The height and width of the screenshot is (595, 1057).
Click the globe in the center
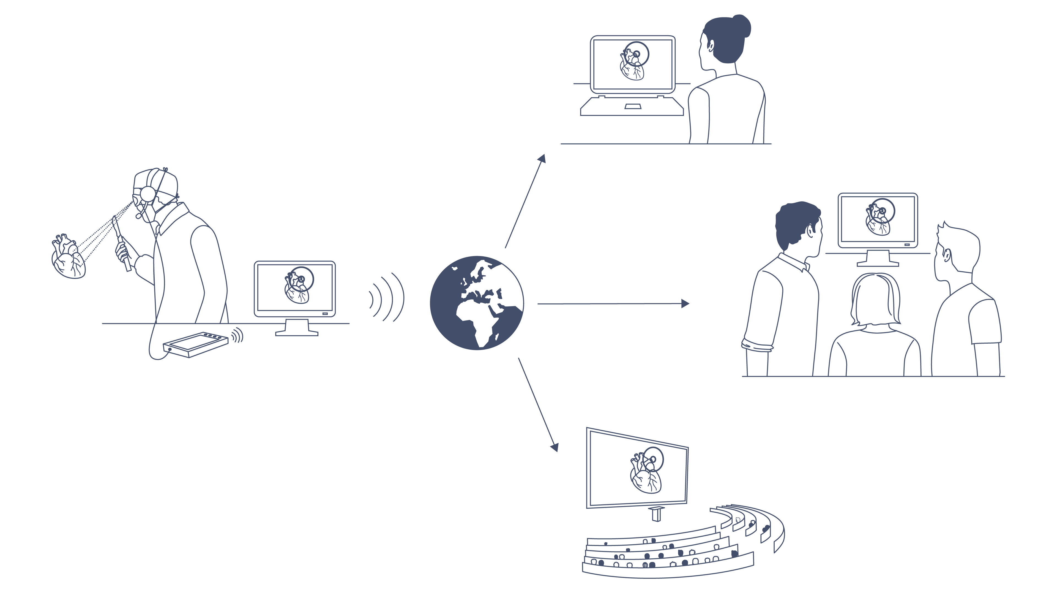pyautogui.click(x=477, y=303)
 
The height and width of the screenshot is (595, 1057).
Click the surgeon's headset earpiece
pyautogui.click(x=147, y=194)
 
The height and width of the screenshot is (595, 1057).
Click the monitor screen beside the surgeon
pyautogui.click(x=295, y=288)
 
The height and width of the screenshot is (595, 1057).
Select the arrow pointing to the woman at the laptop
pyautogui.click(x=525, y=201)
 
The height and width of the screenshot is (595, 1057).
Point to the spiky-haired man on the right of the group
pyautogui.click(x=964, y=304)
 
